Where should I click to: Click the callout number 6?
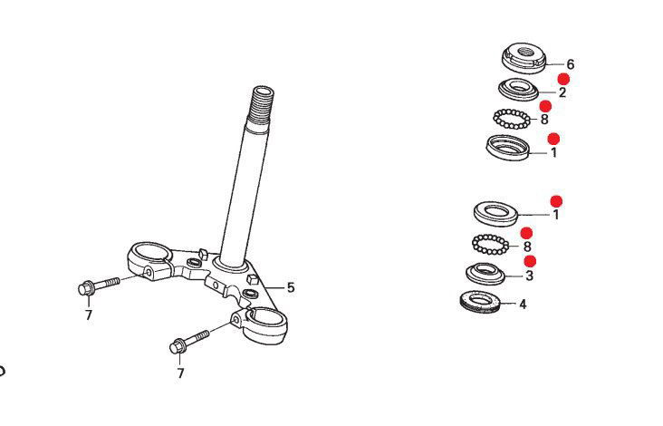click(x=570, y=64)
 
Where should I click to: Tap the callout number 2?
click(x=562, y=92)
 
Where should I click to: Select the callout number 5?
click(x=291, y=288)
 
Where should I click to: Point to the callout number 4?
click(x=523, y=305)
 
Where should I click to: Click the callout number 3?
click(x=529, y=276)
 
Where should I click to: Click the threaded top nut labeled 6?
click(x=524, y=58)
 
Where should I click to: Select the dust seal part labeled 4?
click(x=479, y=302)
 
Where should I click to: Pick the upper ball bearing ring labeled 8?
click(x=512, y=119)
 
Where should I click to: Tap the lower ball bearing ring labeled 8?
click(x=490, y=245)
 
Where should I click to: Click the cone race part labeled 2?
click(x=518, y=89)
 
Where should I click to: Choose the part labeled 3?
click(x=485, y=273)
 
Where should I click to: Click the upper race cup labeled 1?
click(x=508, y=147)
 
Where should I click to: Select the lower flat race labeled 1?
click(x=495, y=213)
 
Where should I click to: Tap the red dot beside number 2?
click(x=563, y=79)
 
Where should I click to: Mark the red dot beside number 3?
click(x=530, y=261)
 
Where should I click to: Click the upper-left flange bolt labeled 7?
click(x=99, y=286)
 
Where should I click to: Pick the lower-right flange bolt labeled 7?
click(x=189, y=342)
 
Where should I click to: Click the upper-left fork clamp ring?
click(x=149, y=258)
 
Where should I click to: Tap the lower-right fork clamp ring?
click(x=264, y=324)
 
